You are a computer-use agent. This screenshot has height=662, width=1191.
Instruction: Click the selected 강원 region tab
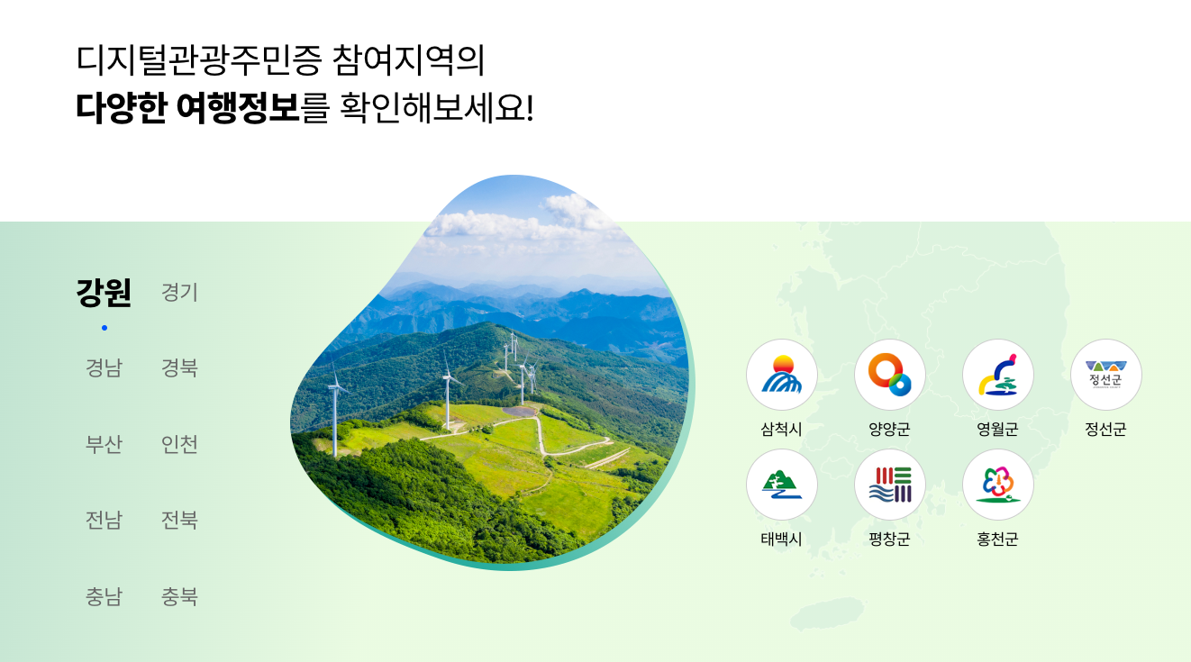(x=104, y=293)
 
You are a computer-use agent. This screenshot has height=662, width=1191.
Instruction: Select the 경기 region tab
(x=179, y=293)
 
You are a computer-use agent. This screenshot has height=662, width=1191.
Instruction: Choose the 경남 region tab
(x=104, y=368)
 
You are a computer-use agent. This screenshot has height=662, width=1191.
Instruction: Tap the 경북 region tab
(x=179, y=368)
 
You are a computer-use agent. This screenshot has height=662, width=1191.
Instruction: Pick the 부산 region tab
(x=104, y=445)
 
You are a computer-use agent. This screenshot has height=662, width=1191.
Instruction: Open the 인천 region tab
(x=179, y=445)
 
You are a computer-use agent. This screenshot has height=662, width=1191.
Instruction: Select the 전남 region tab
(x=104, y=521)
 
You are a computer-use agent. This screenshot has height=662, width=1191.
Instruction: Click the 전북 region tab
(x=179, y=521)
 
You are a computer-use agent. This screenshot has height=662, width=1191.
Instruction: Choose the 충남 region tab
(x=104, y=597)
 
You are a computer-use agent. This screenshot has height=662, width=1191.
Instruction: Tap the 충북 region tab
(x=179, y=597)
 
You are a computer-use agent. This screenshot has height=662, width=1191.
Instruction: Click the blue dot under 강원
(x=105, y=328)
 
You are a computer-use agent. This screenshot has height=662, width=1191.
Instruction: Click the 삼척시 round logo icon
(x=781, y=375)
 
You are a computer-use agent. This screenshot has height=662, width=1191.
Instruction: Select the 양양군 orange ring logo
(x=889, y=375)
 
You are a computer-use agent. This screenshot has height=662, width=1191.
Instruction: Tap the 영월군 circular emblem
(x=997, y=375)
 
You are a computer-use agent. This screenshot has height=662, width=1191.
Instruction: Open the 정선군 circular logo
(x=1105, y=375)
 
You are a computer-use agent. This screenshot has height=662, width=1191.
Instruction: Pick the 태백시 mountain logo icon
(x=781, y=485)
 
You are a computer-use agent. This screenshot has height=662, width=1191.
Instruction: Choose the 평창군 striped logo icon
(x=889, y=485)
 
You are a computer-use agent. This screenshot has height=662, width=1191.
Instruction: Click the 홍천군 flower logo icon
(x=997, y=485)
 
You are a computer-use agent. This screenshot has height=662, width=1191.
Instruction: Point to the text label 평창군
(x=889, y=540)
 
